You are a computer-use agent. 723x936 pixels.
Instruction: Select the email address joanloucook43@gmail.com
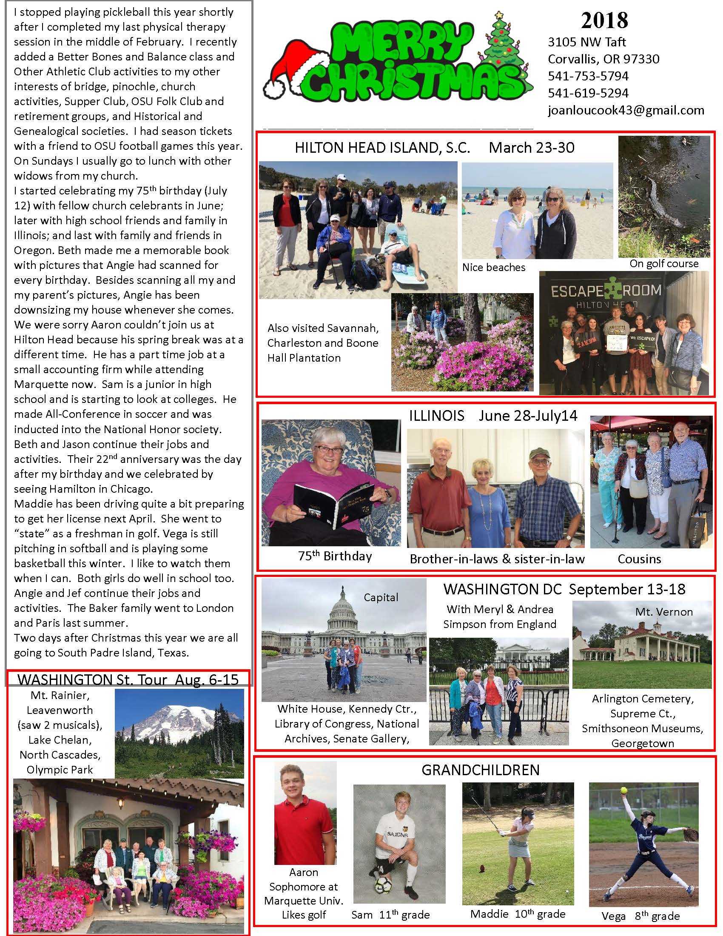point(626,110)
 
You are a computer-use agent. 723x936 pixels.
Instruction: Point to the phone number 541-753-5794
point(588,76)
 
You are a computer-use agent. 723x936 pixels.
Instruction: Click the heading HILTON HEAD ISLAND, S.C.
point(382,148)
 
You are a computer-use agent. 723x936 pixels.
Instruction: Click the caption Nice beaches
point(493,268)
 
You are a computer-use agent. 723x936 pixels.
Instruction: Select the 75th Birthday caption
point(335,556)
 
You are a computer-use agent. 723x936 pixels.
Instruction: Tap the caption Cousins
point(639,559)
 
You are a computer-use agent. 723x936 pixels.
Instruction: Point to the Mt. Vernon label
point(664,611)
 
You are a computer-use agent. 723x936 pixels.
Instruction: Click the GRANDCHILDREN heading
point(480,770)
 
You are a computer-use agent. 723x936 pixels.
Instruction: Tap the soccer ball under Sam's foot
point(382,885)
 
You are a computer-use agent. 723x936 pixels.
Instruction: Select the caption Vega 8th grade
point(640,916)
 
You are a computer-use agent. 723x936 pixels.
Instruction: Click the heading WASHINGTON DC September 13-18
point(564,589)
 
